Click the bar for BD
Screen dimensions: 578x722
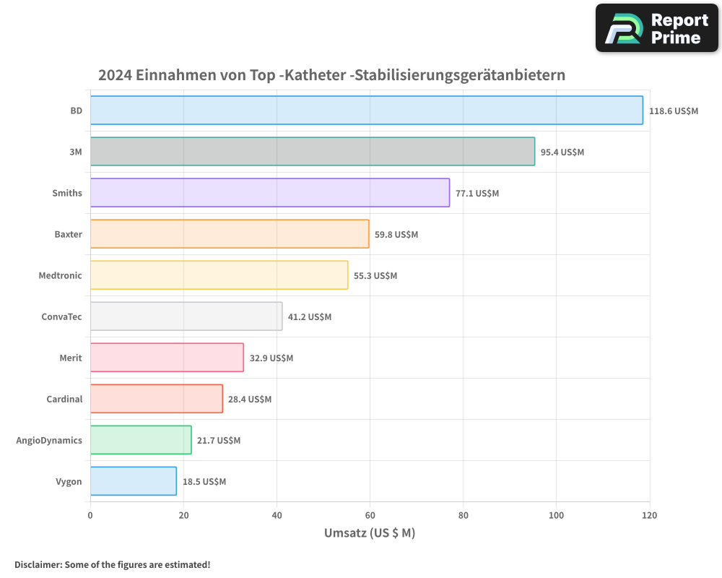(366, 111)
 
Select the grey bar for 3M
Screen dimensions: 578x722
(312, 152)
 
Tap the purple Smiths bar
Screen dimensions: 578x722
(269, 193)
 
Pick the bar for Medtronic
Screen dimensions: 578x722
(219, 275)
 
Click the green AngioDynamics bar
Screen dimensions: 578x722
(141, 440)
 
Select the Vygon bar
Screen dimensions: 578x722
(133, 481)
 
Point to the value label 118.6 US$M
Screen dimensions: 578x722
(674, 111)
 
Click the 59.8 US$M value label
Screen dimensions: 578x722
(396, 235)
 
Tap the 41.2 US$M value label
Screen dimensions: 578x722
(310, 317)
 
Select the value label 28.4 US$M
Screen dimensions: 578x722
(250, 400)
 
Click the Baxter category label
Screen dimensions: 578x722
(68, 234)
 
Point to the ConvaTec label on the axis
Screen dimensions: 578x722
(61, 316)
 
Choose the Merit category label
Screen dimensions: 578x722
(71, 358)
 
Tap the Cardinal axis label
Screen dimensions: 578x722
(64, 399)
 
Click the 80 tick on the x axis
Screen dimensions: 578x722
(463, 516)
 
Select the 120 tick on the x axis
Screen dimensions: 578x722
(649, 516)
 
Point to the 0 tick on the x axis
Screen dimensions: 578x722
(90, 516)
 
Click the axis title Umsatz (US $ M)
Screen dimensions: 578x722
(370, 533)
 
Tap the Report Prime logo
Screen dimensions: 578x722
(657, 28)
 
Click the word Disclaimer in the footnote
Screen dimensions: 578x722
(37, 564)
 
